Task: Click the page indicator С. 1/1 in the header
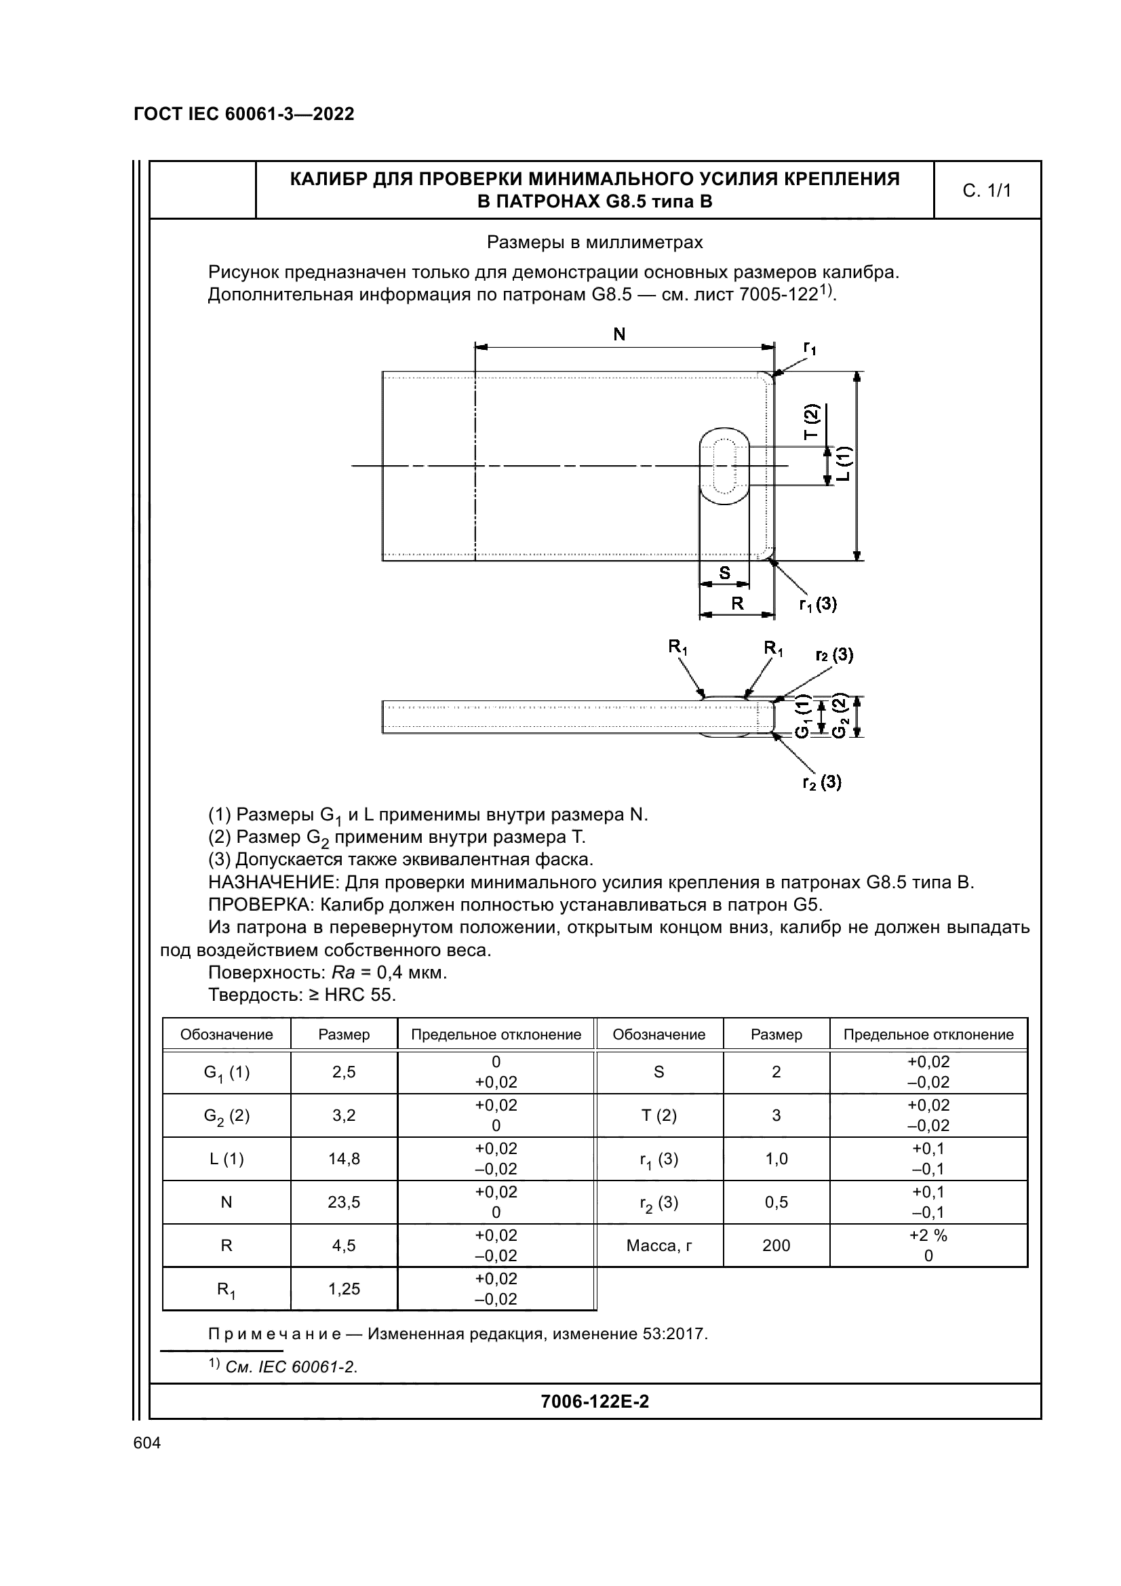pos(986,191)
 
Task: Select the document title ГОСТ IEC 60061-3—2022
pos(244,114)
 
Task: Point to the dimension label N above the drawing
pos(619,334)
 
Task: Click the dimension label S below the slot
pos(724,573)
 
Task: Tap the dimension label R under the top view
pos(737,603)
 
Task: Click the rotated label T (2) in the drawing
pos(810,421)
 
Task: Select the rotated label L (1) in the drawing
pos(844,464)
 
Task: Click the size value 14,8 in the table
pos(344,1158)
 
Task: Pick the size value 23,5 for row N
pos(344,1202)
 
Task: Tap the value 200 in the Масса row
pos(776,1246)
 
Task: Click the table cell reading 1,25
pos(344,1289)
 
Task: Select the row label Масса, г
pos(659,1246)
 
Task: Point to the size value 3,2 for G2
pos(344,1115)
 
